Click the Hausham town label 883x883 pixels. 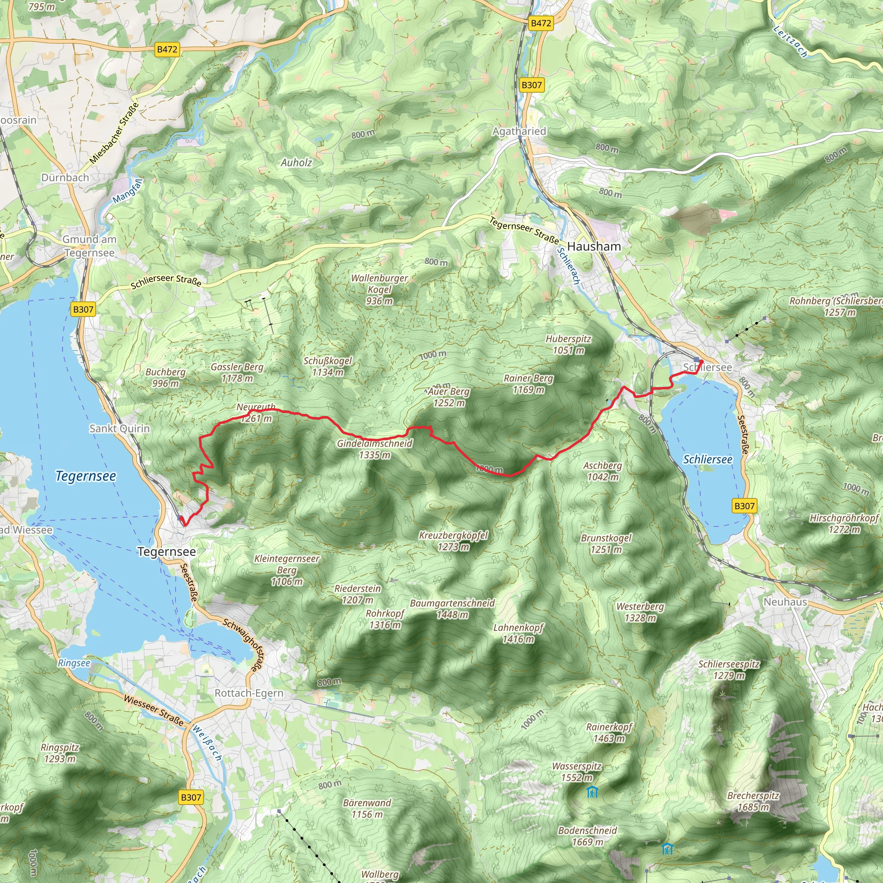pos(594,246)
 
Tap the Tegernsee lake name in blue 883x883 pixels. pos(85,476)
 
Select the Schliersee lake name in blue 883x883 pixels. pos(708,459)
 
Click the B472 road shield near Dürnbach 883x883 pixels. pos(167,49)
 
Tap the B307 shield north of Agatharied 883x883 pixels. pos(532,85)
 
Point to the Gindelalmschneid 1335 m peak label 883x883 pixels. pos(375,449)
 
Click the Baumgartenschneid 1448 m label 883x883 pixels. pos(452,609)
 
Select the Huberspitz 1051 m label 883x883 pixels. pos(568,344)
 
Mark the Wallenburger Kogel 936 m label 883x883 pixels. pos(379,289)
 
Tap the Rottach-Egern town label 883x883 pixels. pos(249,693)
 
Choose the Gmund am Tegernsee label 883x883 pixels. pos(90,246)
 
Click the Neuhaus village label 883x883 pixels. pos(785,602)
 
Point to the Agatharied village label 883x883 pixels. pos(519,131)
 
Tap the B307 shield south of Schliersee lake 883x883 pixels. pos(744,506)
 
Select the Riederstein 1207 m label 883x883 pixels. pos(357,594)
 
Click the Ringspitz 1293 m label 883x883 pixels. pos(60,753)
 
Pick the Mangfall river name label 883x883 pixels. pos(128,191)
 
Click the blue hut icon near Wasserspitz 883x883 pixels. pos(592,792)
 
